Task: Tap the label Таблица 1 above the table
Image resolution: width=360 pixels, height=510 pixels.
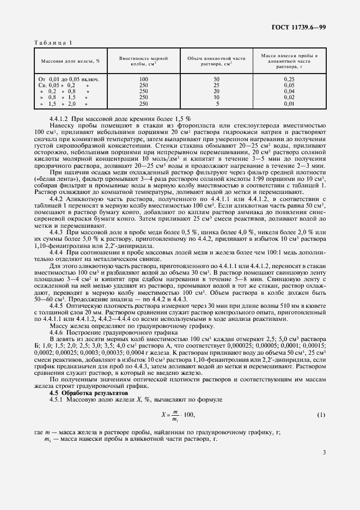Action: coord(52,42)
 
